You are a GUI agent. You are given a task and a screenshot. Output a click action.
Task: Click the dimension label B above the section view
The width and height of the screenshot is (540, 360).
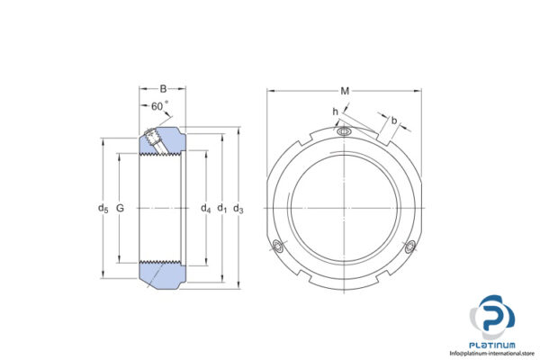[x=162, y=89]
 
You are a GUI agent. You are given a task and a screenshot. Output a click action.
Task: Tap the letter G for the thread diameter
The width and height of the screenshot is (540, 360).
[x=121, y=210]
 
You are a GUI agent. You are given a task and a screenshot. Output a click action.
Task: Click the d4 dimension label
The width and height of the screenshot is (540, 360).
[x=205, y=210]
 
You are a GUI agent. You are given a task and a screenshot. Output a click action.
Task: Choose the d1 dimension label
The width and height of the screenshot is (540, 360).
[x=221, y=210]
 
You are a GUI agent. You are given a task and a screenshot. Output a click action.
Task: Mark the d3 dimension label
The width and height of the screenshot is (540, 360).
[x=238, y=210]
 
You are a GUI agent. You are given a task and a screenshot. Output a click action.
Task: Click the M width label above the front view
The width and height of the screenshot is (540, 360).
[x=345, y=90]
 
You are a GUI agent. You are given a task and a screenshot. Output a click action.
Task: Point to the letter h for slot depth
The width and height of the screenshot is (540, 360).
[x=335, y=112]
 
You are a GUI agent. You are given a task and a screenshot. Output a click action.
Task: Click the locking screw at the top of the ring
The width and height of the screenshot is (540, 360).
[x=344, y=133]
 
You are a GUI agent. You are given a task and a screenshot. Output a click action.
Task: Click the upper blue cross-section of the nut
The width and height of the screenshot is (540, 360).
[x=162, y=142]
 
